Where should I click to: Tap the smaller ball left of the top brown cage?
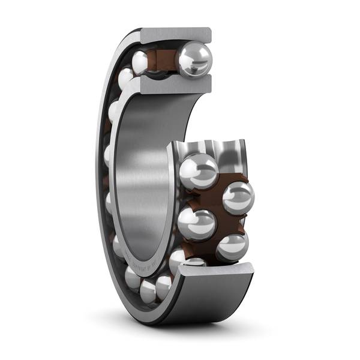[x=142, y=62]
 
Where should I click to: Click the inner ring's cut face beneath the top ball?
[x=174, y=85]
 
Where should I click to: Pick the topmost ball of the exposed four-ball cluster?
[x=199, y=171]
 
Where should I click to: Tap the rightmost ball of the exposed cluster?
[x=238, y=197]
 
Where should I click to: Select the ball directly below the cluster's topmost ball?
[x=197, y=224]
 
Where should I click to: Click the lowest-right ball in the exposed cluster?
[x=232, y=246]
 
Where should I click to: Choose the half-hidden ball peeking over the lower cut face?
[x=195, y=262]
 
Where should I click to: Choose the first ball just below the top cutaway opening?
[x=126, y=79]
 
